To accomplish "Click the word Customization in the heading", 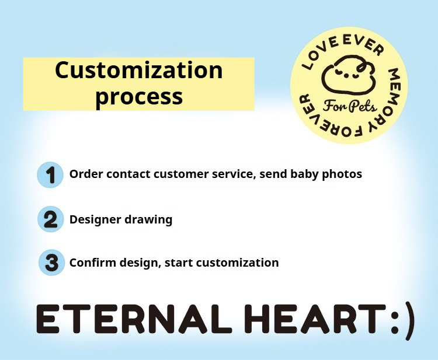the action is tap(139, 70).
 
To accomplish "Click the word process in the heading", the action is tap(139, 97).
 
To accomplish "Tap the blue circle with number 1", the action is tap(50, 175).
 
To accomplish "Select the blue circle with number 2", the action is tap(51, 219).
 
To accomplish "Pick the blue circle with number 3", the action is tap(51, 263).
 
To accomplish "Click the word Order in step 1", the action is tap(86, 174).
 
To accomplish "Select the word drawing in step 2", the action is tap(148, 219).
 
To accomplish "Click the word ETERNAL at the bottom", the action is tap(134, 319).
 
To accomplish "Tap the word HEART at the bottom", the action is tap(316, 319).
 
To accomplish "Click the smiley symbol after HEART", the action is tap(402, 321).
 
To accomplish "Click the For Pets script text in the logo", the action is tap(350, 106).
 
